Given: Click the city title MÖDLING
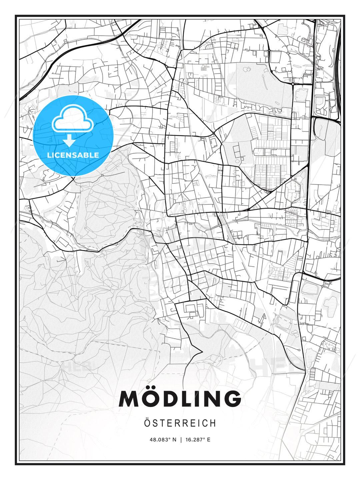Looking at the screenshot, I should pyautogui.click(x=180, y=399).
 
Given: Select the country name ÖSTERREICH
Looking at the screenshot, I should pyautogui.click(x=180, y=423).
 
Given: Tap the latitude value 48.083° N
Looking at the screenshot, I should pyautogui.click(x=163, y=440).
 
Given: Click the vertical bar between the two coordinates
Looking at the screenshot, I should pyautogui.click(x=181, y=440).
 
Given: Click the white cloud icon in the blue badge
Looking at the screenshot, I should pyautogui.click(x=73, y=119).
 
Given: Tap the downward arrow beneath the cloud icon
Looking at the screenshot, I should pyautogui.click(x=70, y=140).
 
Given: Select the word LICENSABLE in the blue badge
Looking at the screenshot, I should pyautogui.click(x=73, y=155).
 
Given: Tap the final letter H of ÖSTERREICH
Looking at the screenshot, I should pyautogui.click(x=213, y=423).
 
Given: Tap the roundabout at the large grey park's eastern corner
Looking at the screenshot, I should pyautogui.click(x=293, y=85).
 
